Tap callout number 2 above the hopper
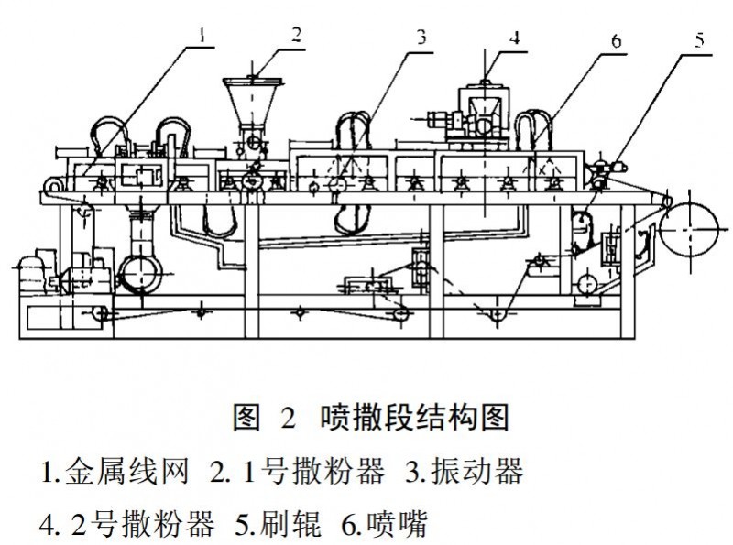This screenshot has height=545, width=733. coord(295,34)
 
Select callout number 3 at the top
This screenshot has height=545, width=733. coord(421,38)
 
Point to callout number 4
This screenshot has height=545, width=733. coord(515,38)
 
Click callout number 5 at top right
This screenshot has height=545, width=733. coord(699,38)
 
